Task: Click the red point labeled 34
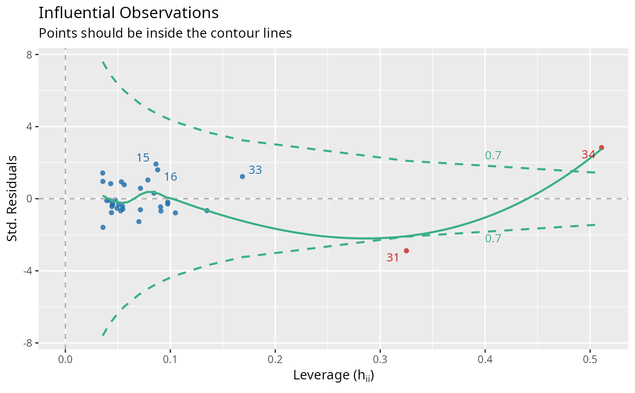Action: (601, 147)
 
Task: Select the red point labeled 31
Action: (406, 251)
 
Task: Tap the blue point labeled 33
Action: (242, 177)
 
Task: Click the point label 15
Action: (143, 158)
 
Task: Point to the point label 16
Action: (170, 177)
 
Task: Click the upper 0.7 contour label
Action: (493, 156)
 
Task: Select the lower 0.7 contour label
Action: (493, 239)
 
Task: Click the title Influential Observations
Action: (129, 13)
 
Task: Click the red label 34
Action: (588, 155)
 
